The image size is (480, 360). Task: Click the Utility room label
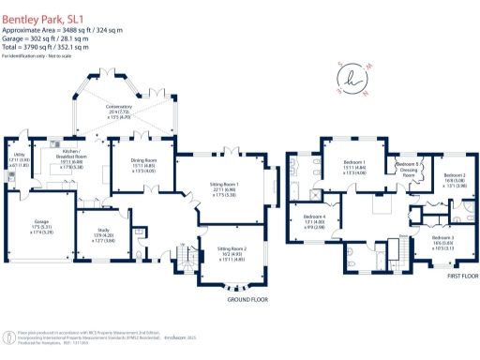point(19,160)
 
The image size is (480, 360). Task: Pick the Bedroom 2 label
point(454,179)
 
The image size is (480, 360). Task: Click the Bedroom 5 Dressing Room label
point(409,170)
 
